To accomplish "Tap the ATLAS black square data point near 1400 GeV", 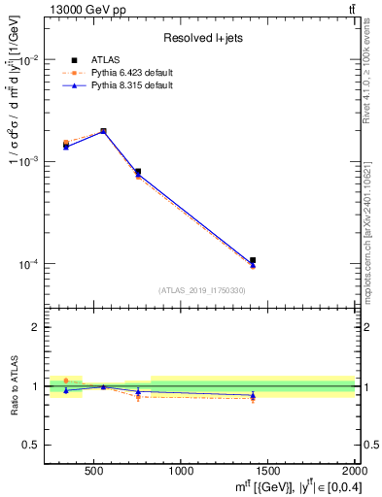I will (253, 260).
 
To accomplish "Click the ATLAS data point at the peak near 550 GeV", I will (103, 131).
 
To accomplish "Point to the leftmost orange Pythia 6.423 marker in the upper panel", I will (66, 143).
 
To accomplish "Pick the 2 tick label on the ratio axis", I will (36, 327).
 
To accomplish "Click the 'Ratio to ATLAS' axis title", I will (13, 385).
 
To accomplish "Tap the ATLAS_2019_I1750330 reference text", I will (201, 290).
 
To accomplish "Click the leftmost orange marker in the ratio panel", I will (66, 381).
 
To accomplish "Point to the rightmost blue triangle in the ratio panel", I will (253, 395).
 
